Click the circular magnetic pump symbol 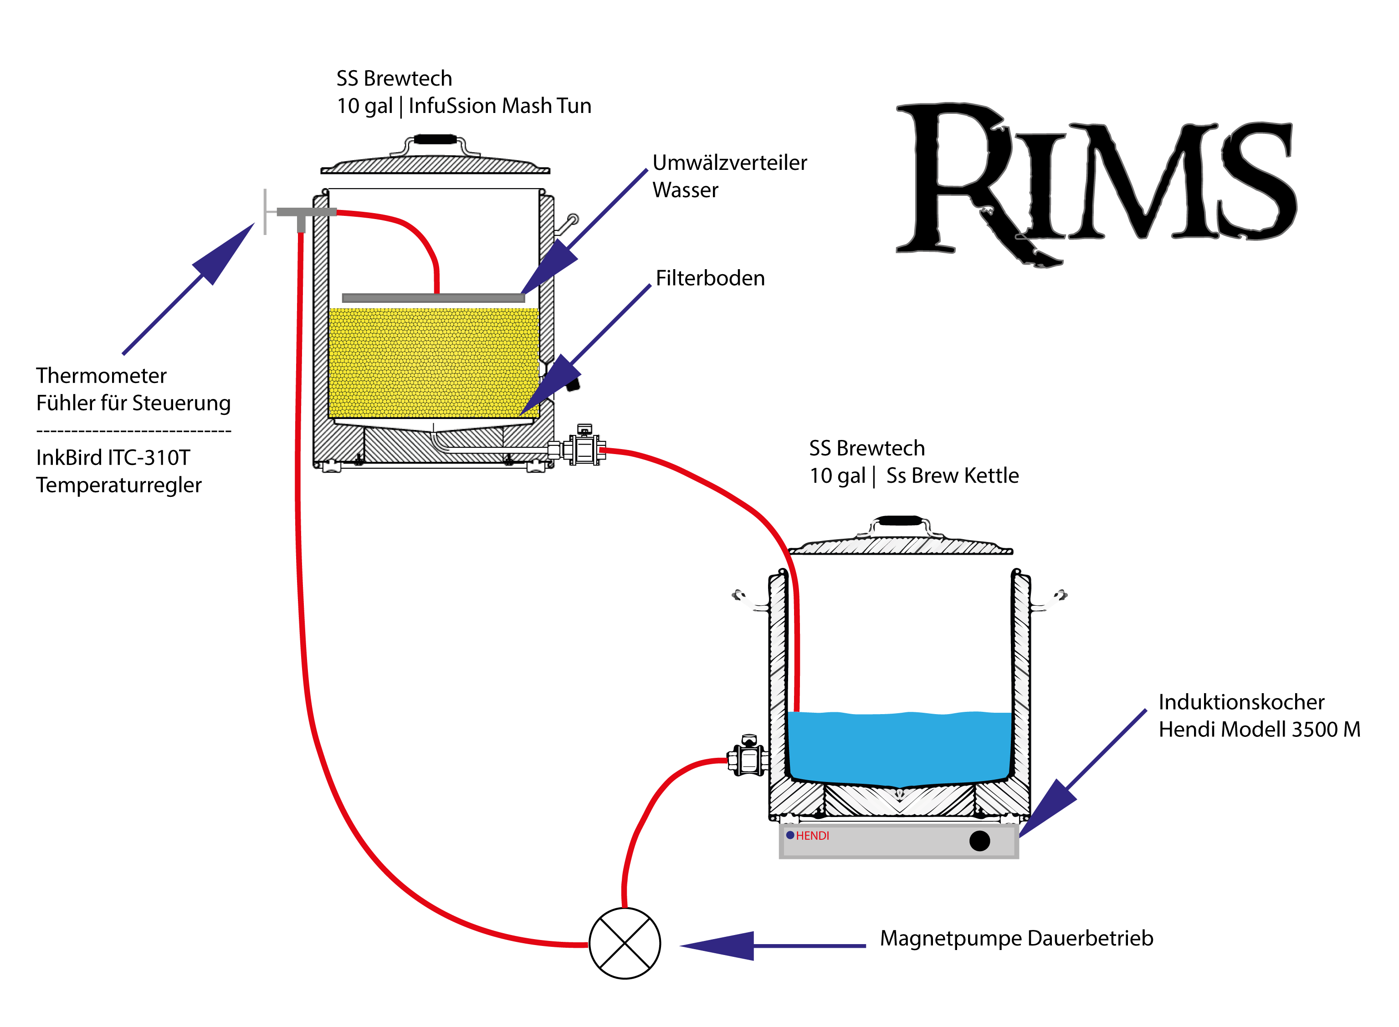624,943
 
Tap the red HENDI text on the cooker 812,836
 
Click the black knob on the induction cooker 979,841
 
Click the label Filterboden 710,278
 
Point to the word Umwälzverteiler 729,162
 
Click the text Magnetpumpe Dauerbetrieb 1016,937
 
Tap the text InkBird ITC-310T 113,458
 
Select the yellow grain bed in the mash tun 433,363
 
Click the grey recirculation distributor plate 433,298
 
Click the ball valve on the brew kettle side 749,757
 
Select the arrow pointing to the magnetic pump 771,945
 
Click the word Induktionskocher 1241,702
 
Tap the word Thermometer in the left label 101,375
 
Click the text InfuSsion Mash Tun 499,106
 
